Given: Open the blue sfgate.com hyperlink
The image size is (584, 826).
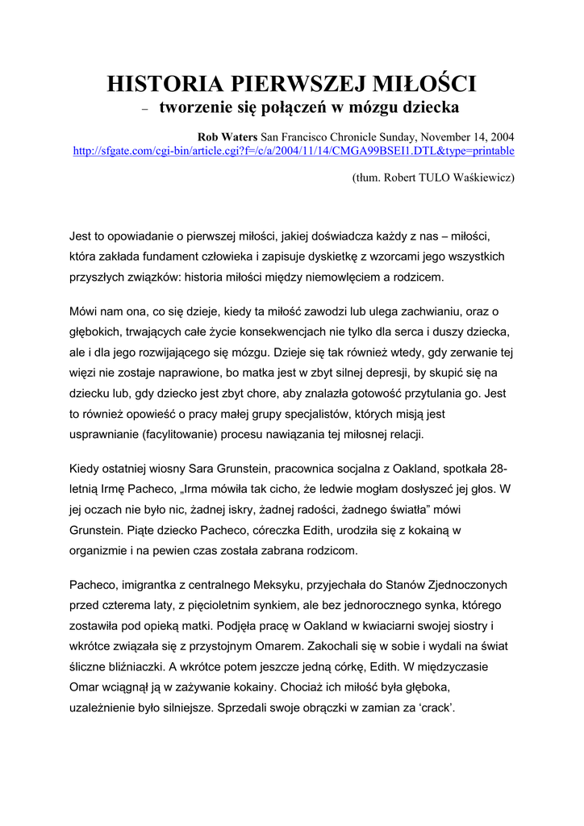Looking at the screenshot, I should (x=294, y=150).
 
